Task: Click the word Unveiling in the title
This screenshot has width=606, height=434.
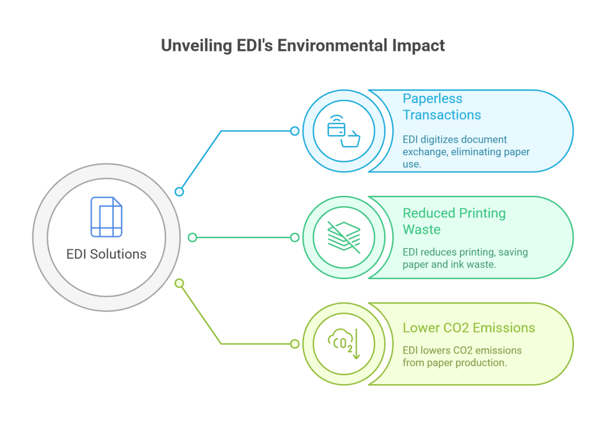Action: [x=196, y=46]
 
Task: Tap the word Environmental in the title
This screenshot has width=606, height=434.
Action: [x=333, y=45]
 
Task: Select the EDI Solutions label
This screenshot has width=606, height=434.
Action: [x=107, y=254]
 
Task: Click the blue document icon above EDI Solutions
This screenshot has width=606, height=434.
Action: [x=107, y=217]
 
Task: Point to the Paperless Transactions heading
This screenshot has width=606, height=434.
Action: [x=441, y=107]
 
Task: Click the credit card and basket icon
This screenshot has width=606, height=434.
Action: [x=344, y=131]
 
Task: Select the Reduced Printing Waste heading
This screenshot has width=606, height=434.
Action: [x=454, y=221]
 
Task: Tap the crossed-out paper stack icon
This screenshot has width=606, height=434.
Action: [x=344, y=237]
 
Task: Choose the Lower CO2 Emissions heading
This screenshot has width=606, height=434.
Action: [x=469, y=327]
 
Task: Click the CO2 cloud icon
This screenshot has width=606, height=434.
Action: [x=340, y=341]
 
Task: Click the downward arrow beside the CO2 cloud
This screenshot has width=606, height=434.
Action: [x=356, y=344]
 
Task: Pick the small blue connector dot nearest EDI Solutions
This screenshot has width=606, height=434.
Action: [x=179, y=191]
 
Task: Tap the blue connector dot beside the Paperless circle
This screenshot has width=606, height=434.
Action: [x=295, y=131]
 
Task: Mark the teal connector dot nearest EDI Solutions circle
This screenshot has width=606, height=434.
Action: [x=192, y=237]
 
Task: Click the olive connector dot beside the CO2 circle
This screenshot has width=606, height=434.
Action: [x=295, y=344]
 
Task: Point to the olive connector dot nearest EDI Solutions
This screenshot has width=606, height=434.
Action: [x=179, y=284]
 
